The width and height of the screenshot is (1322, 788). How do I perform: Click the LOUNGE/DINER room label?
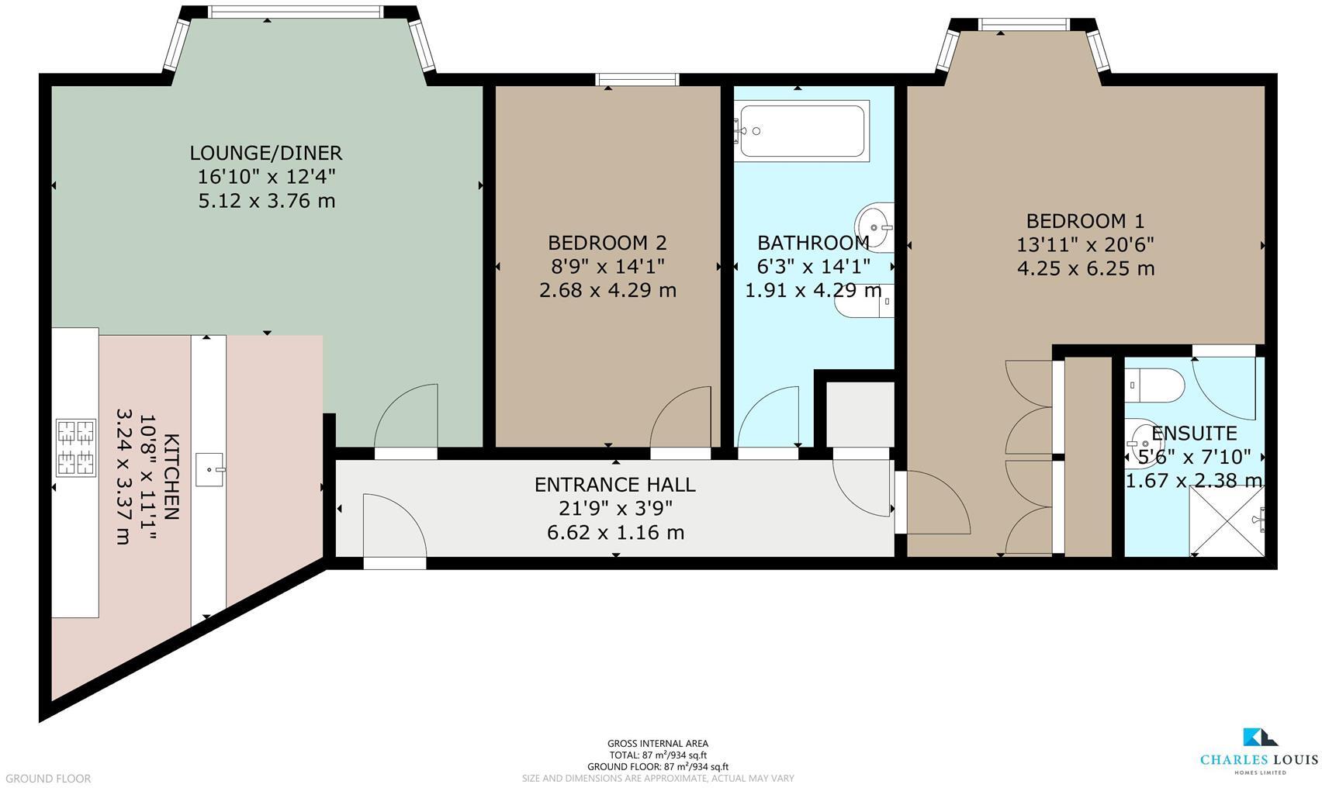coord(266,153)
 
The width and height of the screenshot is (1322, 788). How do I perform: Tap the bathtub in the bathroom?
coord(801,130)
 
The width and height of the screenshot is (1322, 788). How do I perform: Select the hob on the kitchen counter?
coord(76,447)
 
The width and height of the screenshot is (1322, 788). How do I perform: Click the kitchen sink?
coord(209,469)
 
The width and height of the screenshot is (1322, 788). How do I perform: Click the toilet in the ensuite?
coord(1156,385)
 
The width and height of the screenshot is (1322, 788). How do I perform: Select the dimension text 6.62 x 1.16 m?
coord(615,533)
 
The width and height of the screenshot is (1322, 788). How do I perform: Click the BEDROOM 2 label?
coord(607,243)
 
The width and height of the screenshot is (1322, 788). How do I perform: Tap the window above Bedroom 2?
coord(637,79)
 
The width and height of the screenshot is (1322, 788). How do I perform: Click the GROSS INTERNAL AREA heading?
coord(657,743)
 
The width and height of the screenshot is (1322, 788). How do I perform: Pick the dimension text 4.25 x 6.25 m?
coord(1085,268)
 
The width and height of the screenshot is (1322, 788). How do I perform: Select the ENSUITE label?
coord(1193,433)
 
